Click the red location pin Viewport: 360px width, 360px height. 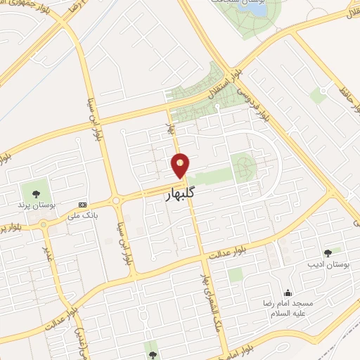pos(181,165)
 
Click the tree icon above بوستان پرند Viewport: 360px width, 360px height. pos(32,192)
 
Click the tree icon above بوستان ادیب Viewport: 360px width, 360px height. pos(328,252)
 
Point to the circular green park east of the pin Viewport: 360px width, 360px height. pos(243,167)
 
